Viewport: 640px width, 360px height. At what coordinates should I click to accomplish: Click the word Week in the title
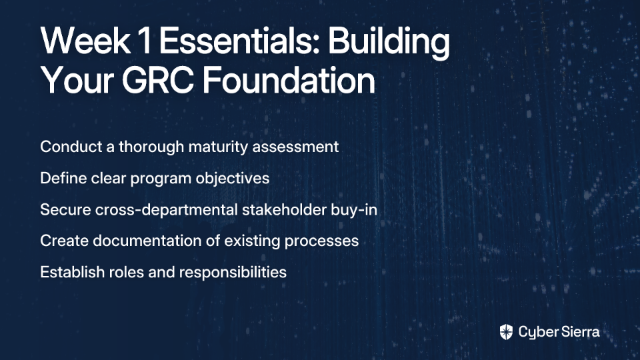(x=85, y=41)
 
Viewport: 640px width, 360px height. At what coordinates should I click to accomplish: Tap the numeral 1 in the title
(x=145, y=41)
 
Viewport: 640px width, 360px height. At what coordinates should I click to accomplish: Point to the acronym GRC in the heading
(x=157, y=81)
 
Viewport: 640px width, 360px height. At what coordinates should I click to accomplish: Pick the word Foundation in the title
(x=289, y=80)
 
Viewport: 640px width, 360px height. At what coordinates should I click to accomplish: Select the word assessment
(x=295, y=147)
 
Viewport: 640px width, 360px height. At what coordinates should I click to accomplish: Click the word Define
(x=63, y=178)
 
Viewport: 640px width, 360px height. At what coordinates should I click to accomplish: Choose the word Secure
(x=65, y=209)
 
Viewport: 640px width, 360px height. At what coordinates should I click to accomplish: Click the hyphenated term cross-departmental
(x=167, y=210)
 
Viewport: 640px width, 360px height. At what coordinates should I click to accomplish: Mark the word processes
(x=321, y=241)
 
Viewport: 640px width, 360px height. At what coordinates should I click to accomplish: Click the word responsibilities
(x=233, y=273)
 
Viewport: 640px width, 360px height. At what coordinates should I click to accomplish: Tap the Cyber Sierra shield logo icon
(x=506, y=332)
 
